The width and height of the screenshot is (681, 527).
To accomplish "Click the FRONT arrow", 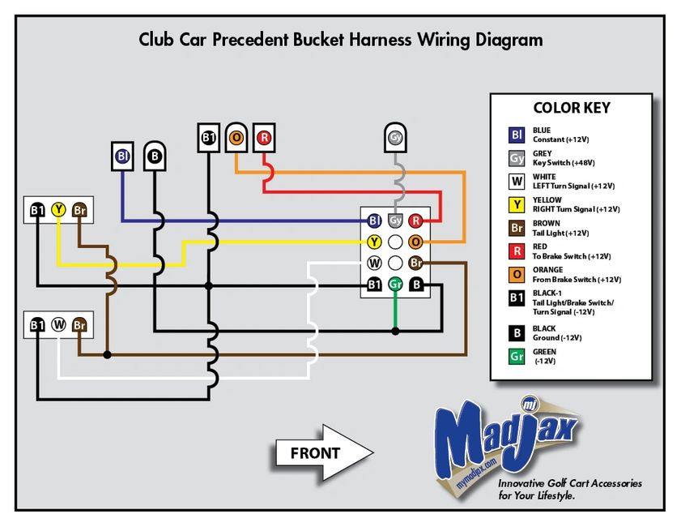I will (x=324, y=453).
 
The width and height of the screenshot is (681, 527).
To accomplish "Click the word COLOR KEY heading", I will (x=571, y=108).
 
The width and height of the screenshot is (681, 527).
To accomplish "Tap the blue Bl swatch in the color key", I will (x=517, y=135).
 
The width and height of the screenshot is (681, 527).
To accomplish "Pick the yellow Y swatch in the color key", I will (x=517, y=204).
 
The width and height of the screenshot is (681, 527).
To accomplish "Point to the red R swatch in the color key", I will (x=517, y=251).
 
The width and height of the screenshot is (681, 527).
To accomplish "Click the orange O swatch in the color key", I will (x=517, y=274).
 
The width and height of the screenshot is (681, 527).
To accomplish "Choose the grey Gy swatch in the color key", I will (x=517, y=158).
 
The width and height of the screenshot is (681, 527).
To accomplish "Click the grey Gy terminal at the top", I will (x=395, y=138).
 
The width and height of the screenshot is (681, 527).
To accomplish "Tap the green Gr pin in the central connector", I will (x=395, y=285).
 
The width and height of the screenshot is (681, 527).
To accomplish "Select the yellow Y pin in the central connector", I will (x=374, y=242).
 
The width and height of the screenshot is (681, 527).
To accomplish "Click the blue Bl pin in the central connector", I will (x=374, y=221).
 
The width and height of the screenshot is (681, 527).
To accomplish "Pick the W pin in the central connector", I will (x=374, y=263).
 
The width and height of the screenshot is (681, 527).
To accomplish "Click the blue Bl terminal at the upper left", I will (x=122, y=155).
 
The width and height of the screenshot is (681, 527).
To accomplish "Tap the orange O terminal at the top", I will (x=236, y=138).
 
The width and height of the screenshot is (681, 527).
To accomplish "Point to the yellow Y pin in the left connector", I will (x=58, y=210).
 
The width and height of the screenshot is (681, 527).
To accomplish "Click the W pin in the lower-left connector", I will (x=58, y=324).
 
